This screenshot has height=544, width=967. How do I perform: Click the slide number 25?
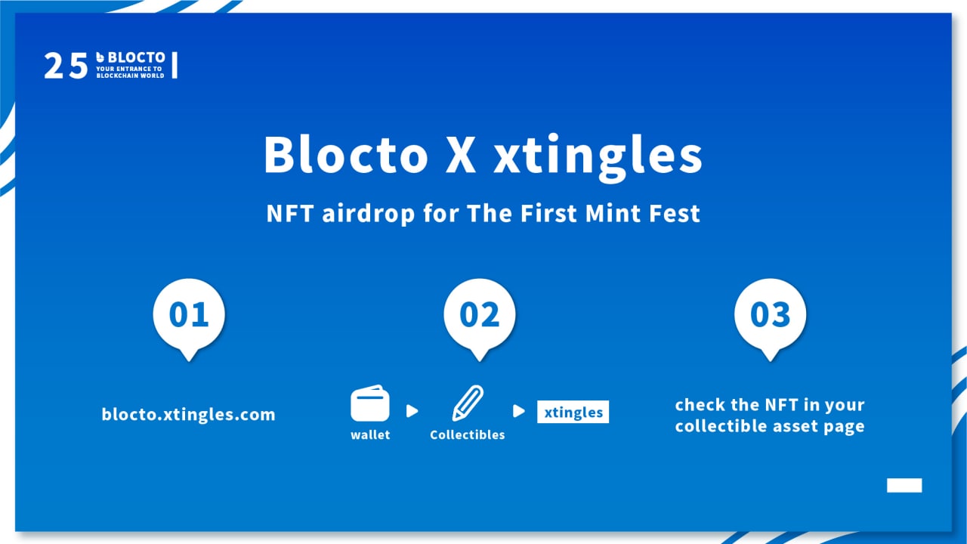point(66,66)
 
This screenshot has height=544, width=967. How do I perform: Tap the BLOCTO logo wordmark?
point(131,57)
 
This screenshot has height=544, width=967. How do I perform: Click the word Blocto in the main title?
point(346,154)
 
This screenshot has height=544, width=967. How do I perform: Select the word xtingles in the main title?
point(598,158)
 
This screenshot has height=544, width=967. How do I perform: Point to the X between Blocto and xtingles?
point(461,155)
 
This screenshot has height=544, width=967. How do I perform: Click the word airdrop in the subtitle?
point(368,214)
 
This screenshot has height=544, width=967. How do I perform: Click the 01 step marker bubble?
point(189,317)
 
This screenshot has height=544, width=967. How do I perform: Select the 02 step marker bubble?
point(479,317)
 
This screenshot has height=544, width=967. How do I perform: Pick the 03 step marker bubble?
point(770,317)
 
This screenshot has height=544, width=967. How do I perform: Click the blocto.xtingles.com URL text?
point(188,415)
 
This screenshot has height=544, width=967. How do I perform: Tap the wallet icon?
point(370,403)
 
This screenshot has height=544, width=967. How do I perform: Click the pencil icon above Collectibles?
point(468,403)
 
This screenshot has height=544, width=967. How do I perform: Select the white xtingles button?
point(573,412)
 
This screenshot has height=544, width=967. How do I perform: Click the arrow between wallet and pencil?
point(412,411)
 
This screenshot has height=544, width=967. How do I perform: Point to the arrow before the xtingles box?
point(518,411)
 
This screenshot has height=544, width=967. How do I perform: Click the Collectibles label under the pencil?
point(467,434)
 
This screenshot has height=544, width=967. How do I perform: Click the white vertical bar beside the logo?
point(175,65)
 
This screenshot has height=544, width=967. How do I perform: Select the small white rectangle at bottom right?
point(904,485)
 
